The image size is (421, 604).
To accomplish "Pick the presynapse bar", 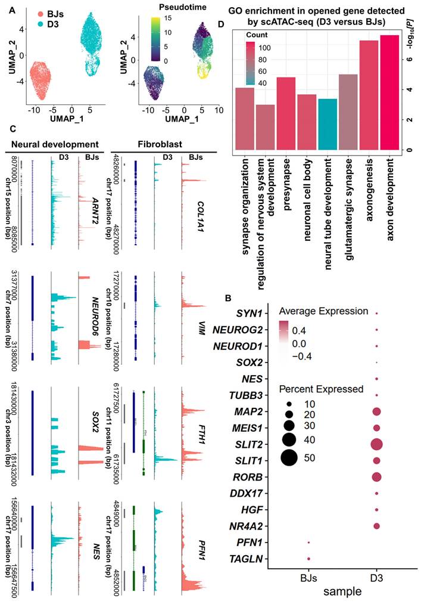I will click(x=286, y=113).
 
